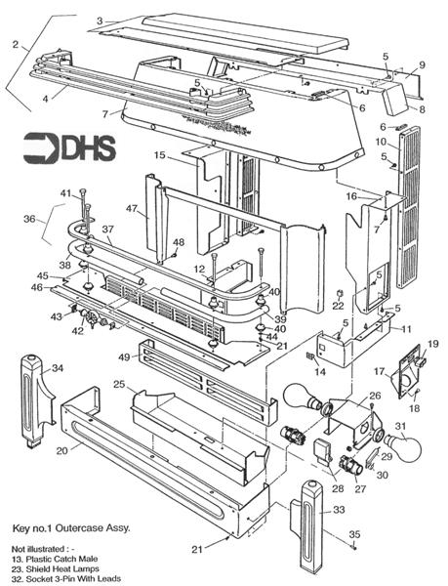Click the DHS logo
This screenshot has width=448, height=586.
pyautogui.click(x=71, y=146)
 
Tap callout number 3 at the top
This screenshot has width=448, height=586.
pyautogui.click(x=101, y=21)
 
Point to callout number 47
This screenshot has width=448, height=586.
pyautogui.click(x=130, y=209)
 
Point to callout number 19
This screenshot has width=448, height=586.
pyautogui.click(x=434, y=344)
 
